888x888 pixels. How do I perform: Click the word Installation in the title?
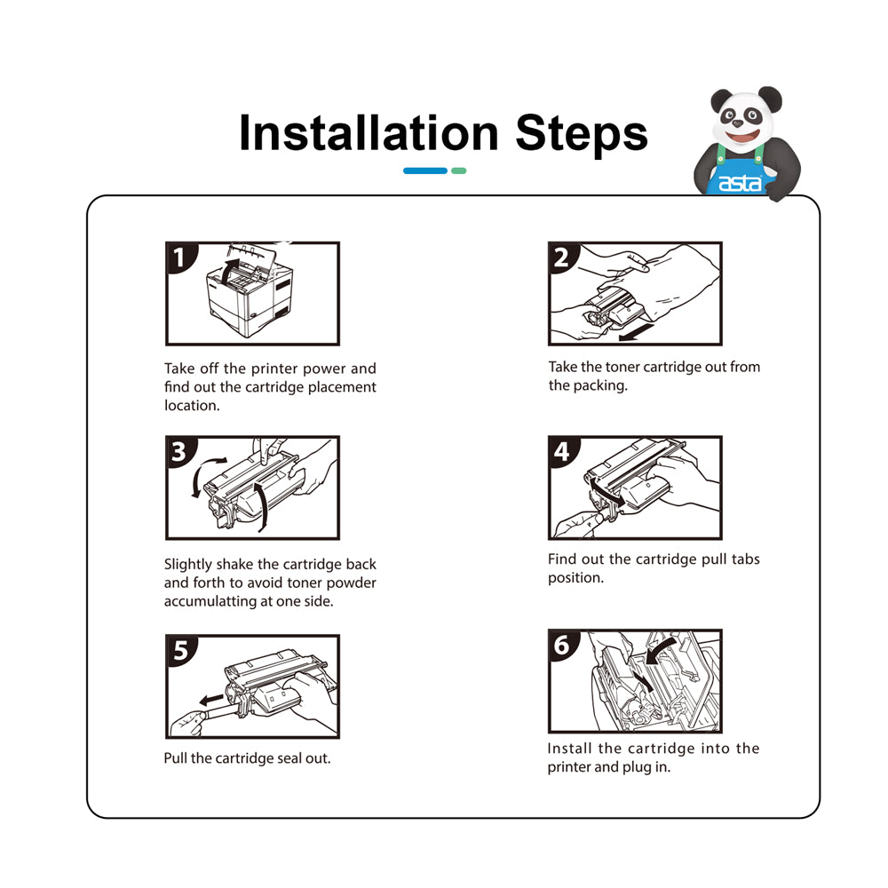(x=369, y=133)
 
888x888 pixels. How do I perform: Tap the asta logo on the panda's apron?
(x=740, y=183)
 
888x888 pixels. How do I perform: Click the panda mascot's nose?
(x=737, y=123)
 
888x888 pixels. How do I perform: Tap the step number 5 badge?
(x=180, y=650)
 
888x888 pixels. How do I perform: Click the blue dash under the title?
(x=425, y=170)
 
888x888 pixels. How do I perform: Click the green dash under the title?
(x=459, y=170)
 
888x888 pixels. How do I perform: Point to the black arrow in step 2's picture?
(x=637, y=333)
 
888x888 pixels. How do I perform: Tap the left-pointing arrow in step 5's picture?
(x=212, y=700)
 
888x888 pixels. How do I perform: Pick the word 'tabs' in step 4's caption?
(x=745, y=559)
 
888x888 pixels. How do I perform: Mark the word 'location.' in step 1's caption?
(x=192, y=406)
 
